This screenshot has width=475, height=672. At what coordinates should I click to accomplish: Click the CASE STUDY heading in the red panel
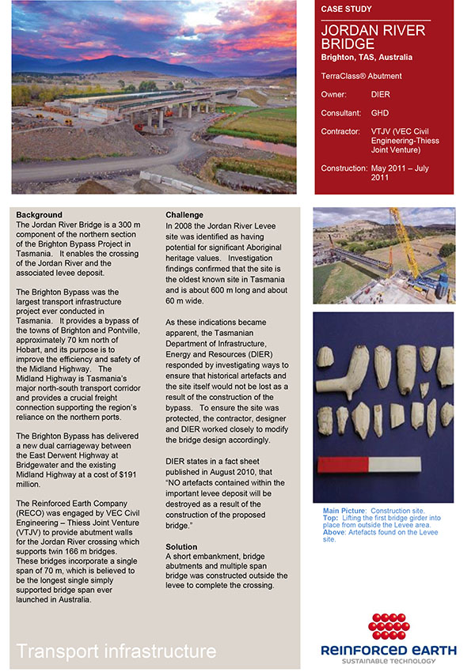coord(346,9)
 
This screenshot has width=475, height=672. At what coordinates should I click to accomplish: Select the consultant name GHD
coord(379,113)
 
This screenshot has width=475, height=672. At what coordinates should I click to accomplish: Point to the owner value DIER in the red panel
coord(380,94)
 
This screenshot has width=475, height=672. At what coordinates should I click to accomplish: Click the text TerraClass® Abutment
coord(361,76)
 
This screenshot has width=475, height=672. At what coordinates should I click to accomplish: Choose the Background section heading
coord(39,215)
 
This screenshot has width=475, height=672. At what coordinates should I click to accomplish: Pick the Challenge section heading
coord(184,215)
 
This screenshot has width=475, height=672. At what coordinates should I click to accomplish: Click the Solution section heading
coord(181,547)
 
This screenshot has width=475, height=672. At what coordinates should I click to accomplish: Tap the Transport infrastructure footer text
coord(116,651)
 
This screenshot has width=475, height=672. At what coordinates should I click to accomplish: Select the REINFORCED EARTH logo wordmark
coord(388,650)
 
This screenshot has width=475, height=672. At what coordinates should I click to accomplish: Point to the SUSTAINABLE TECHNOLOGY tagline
coord(388,661)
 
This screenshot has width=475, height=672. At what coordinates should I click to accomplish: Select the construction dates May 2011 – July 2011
coord(403,173)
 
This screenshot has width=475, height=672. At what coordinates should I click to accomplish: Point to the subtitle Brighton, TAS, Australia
coord(366,58)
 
